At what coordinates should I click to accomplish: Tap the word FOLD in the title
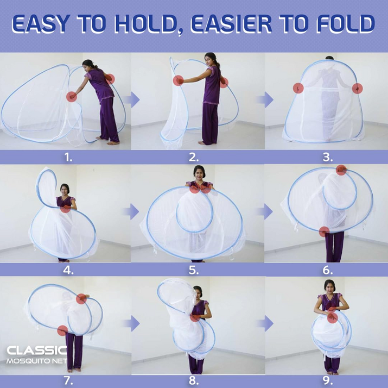tap(346, 24)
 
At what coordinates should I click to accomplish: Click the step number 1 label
tap(68, 157)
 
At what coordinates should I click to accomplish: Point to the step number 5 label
tap(194, 270)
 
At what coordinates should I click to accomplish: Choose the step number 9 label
tap(327, 381)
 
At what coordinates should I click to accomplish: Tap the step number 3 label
tap(328, 157)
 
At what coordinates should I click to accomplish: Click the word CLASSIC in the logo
tap(36, 351)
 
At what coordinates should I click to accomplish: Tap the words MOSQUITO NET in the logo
tap(36, 361)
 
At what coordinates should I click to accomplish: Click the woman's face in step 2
tap(209, 59)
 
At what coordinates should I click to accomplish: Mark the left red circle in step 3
tap(298, 88)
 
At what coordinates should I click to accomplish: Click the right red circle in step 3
tap(357, 89)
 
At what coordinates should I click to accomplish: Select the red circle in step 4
tap(66, 207)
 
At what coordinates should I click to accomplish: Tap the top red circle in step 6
tap(341, 170)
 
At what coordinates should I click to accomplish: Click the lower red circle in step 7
tap(62, 330)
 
